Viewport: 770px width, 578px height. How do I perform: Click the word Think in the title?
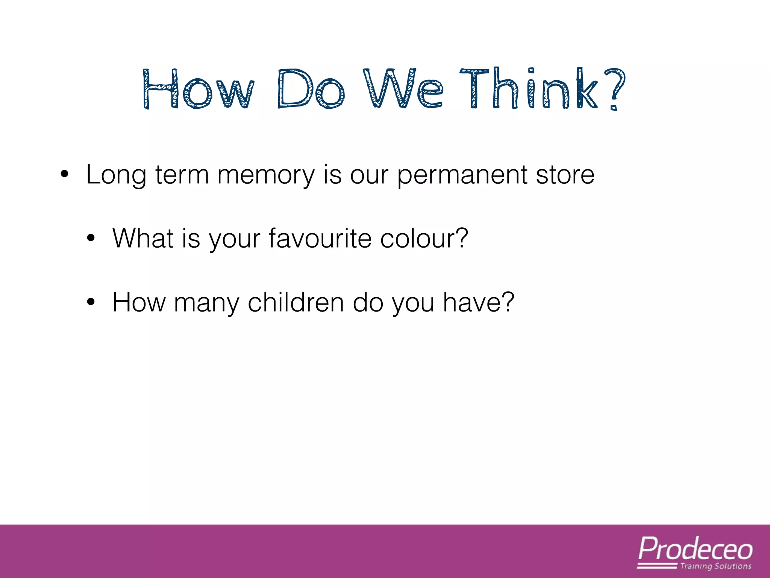528,89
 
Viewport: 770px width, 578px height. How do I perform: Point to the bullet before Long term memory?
65,175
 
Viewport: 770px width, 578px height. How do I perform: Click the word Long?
116,175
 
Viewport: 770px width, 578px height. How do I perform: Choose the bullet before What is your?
91,239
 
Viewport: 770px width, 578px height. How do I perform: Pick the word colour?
424,239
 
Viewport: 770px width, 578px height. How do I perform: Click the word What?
143,239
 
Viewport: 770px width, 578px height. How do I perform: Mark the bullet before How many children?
91,302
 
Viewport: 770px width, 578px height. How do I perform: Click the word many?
206,303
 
